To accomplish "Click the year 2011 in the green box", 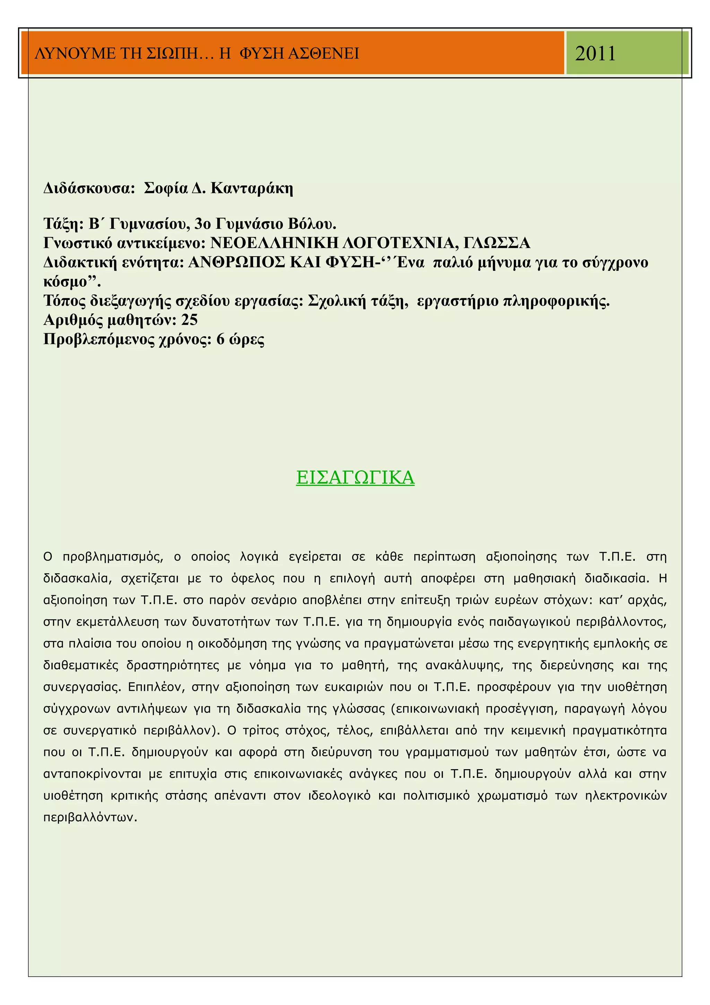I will coord(595,53).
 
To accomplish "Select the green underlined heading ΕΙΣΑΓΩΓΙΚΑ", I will coord(355,477).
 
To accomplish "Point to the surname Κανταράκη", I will coord(252,188).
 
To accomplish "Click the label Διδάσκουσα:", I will coord(89,188).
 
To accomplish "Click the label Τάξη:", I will coord(63,224).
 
